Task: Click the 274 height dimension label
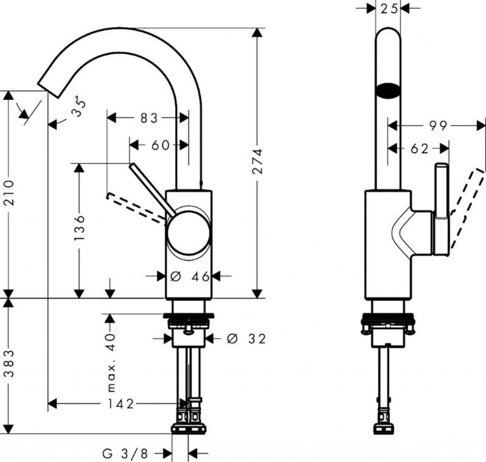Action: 258,161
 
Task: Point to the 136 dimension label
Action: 80,228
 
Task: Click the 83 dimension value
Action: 148,118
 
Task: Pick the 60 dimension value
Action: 160,145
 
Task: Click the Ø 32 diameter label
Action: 246,339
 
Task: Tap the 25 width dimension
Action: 388,9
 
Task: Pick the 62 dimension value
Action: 419,149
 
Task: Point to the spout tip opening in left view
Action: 47,85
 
